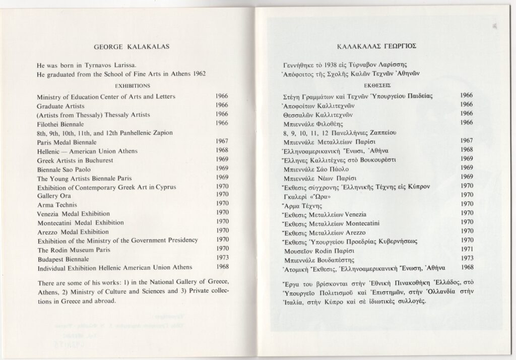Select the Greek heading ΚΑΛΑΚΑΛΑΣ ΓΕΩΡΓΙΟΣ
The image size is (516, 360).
click(x=375, y=47)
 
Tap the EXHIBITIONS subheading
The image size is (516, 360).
click(x=133, y=86)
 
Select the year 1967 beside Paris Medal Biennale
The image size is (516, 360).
click(x=222, y=141)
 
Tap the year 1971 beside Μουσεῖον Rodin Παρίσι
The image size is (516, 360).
click(x=467, y=249)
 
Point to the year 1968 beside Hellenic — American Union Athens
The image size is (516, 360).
click(x=222, y=150)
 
